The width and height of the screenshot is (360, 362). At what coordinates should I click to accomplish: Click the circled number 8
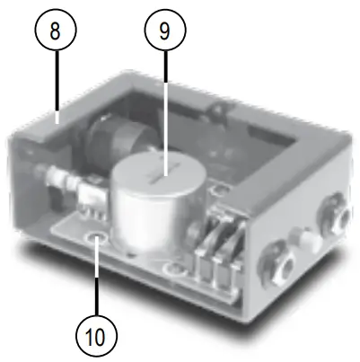tap(56, 33)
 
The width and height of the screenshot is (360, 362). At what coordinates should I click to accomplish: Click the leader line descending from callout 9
tap(165, 108)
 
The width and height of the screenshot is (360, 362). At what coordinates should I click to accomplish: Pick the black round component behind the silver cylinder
tap(118, 144)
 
